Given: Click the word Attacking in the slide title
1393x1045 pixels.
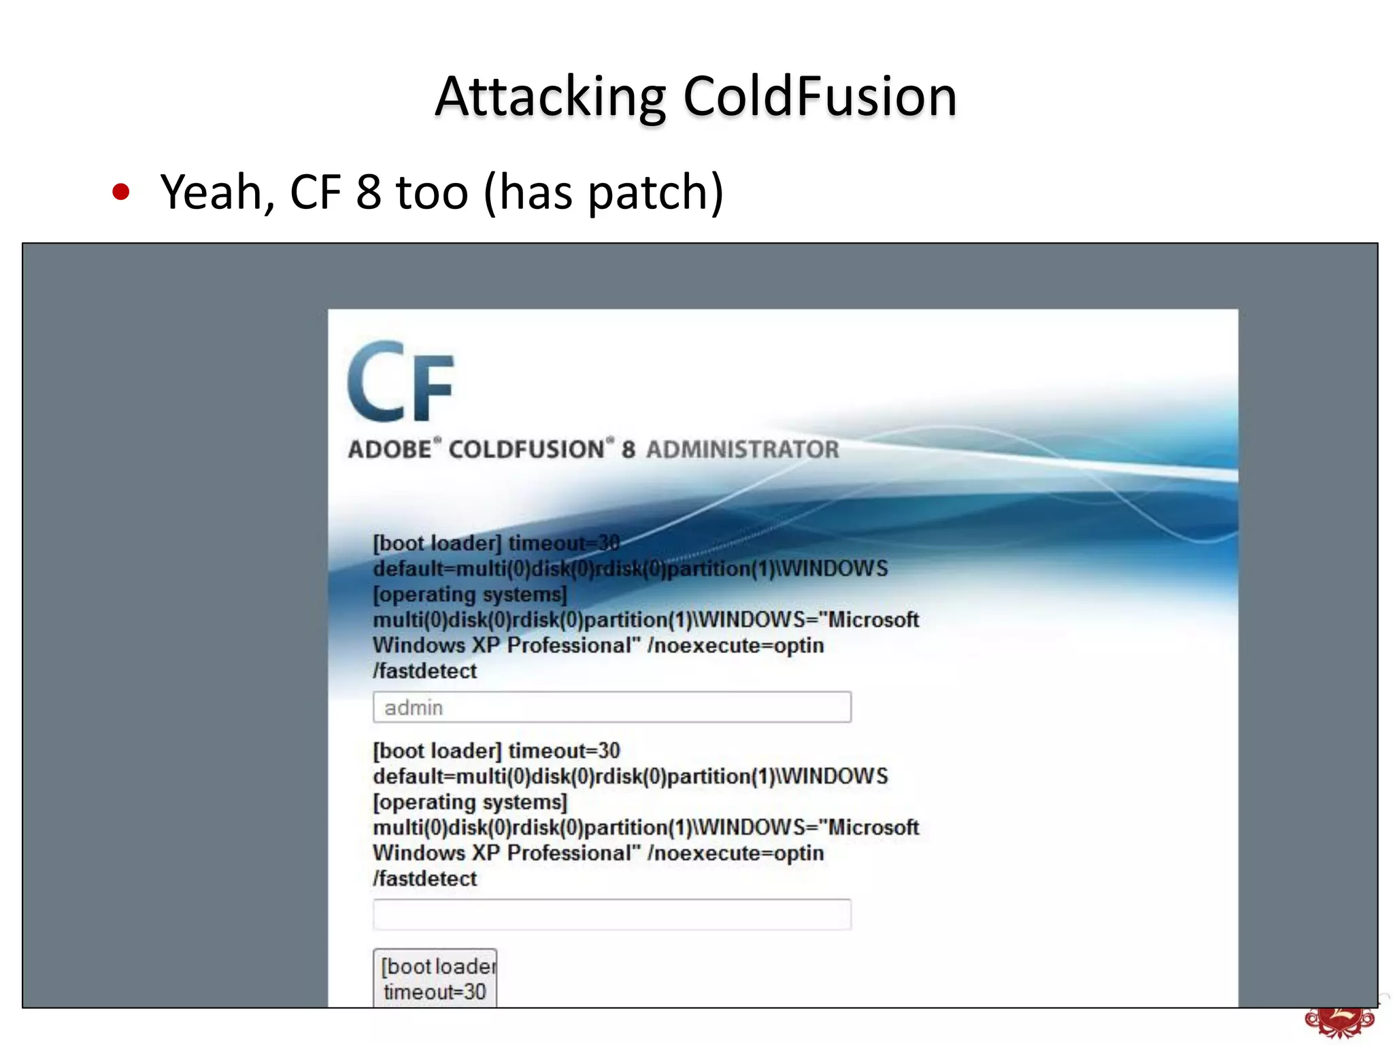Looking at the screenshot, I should [550, 97].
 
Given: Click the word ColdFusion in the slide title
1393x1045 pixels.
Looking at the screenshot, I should [820, 97].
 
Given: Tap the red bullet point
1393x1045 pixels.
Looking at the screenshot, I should [121, 193].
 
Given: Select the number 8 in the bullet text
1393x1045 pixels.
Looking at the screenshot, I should [368, 193].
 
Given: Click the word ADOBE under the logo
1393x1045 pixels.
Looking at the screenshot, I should [390, 450].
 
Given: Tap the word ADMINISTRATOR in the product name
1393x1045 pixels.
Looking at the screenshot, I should [742, 450].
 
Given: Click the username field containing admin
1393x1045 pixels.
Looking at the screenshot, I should [611, 708].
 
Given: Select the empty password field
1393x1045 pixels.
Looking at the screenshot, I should [611, 915].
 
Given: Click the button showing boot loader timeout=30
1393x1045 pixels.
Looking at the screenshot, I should [435, 978].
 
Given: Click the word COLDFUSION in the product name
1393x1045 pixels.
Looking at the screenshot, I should [526, 450].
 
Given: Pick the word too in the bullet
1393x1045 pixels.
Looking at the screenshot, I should [432, 193].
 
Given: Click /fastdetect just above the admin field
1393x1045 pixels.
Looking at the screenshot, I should [425, 671].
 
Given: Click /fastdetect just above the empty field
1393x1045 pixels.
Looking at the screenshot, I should [425, 878].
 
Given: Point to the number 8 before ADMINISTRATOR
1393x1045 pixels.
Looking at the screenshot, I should [628, 450].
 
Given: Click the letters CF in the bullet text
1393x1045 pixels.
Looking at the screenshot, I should [315, 193].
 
